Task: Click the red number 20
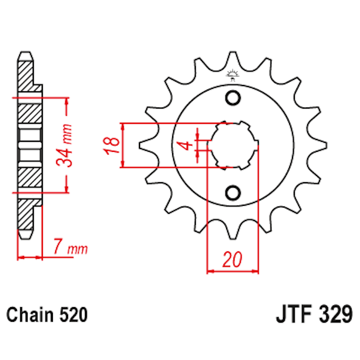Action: tap(232, 259)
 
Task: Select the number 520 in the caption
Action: tap(73, 314)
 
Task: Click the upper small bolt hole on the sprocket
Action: tap(232, 97)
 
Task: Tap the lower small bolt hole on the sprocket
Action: tap(232, 193)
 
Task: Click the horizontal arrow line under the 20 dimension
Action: tap(233, 271)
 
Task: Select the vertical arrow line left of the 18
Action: tap(122, 145)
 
